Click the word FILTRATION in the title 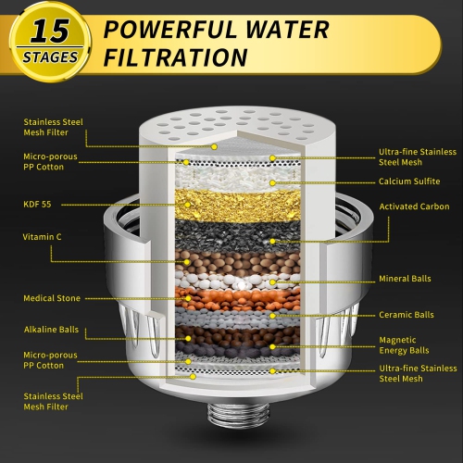(176, 58)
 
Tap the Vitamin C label (42, 237)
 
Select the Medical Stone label (51, 298)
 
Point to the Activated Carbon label (414, 206)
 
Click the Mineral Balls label (404, 279)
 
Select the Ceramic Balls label (406, 314)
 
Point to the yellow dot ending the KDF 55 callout (188, 203)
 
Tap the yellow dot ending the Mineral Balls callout (273, 281)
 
